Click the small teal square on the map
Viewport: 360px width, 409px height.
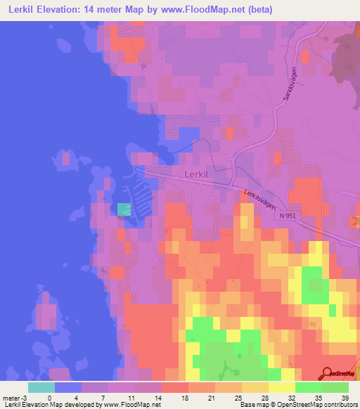[124, 209]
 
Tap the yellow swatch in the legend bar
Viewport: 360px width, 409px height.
[281, 387]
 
